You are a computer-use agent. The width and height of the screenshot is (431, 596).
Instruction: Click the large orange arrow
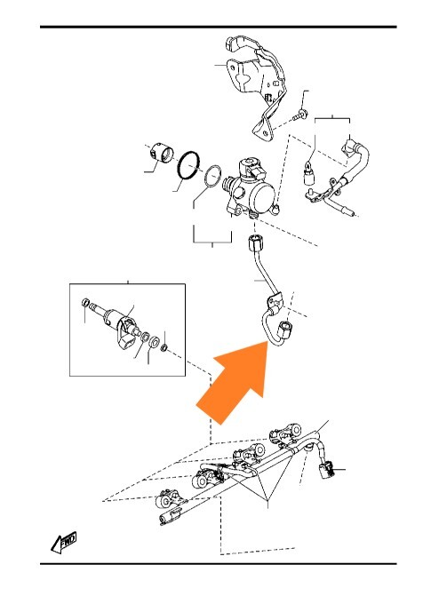coord(236,379)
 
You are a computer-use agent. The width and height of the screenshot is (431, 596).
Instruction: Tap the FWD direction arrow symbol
coord(63,543)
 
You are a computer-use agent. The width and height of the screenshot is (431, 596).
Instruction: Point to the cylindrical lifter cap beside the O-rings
coord(161,153)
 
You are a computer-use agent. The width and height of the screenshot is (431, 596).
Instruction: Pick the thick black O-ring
coord(188,165)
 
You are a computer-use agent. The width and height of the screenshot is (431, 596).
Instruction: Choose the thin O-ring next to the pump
coord(212,177)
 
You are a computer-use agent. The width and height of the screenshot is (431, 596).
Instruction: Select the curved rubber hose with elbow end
coord(356,160)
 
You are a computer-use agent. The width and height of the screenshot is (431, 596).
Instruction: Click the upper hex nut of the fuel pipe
coord(254,243)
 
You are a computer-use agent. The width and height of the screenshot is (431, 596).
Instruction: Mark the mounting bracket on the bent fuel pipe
coord(275,302)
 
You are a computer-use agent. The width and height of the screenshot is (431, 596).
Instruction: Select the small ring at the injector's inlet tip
coord(86,303)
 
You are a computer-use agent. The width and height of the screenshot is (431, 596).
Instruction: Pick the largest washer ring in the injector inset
coord(154,341)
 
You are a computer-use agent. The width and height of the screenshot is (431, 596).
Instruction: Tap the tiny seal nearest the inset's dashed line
coord(164,346)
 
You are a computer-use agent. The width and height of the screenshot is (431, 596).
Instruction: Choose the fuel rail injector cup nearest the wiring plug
coord(287,433)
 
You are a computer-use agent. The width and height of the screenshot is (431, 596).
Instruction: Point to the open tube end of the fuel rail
coord(164,520)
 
